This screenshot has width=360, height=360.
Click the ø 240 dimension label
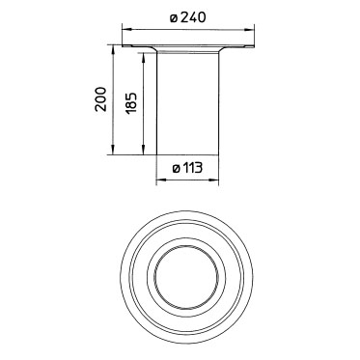point(187,17)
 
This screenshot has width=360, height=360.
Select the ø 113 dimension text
point(187,168)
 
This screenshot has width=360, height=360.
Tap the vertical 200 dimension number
point(100,99)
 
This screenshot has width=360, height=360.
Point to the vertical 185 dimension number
point(131,103)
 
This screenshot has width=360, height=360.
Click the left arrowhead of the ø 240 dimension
point(127,30)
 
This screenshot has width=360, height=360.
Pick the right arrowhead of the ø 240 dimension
point(249,31)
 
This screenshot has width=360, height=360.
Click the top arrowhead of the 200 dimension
point(113,50)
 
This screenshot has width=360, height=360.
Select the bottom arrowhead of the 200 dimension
point(113,150)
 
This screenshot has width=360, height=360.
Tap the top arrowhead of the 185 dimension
point(144,58)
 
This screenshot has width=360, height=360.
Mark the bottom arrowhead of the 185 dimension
point(144,150)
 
